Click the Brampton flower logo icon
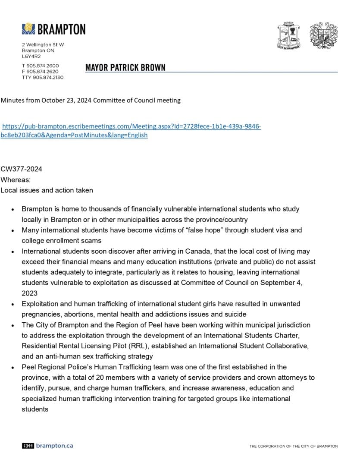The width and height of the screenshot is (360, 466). pyautogui.click(x=28, y=29)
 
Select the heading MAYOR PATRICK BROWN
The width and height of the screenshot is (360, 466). pyautogui.click(x=125, y=68)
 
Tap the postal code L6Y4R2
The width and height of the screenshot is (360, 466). pyautogui.click(x=31, y=56)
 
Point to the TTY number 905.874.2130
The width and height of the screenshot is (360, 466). pyautogui.click(x=43, y=77)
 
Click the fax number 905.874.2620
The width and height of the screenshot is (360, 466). pyautogui.click(x=43, y=71)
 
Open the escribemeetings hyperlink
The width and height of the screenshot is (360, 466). pyautogui.click(x=131, y=126)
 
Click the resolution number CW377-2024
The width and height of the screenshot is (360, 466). pyautogui.click(x=21, y=169)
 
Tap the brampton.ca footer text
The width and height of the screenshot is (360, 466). pyautogui.click(x=54, y=445)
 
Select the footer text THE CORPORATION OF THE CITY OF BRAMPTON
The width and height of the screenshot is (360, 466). pyautogui.click(x=294, y=446)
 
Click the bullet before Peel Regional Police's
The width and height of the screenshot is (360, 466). pyautogui.click(x=13, y=367)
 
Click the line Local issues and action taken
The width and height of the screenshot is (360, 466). pyautogui.click(x=47, y=190)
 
